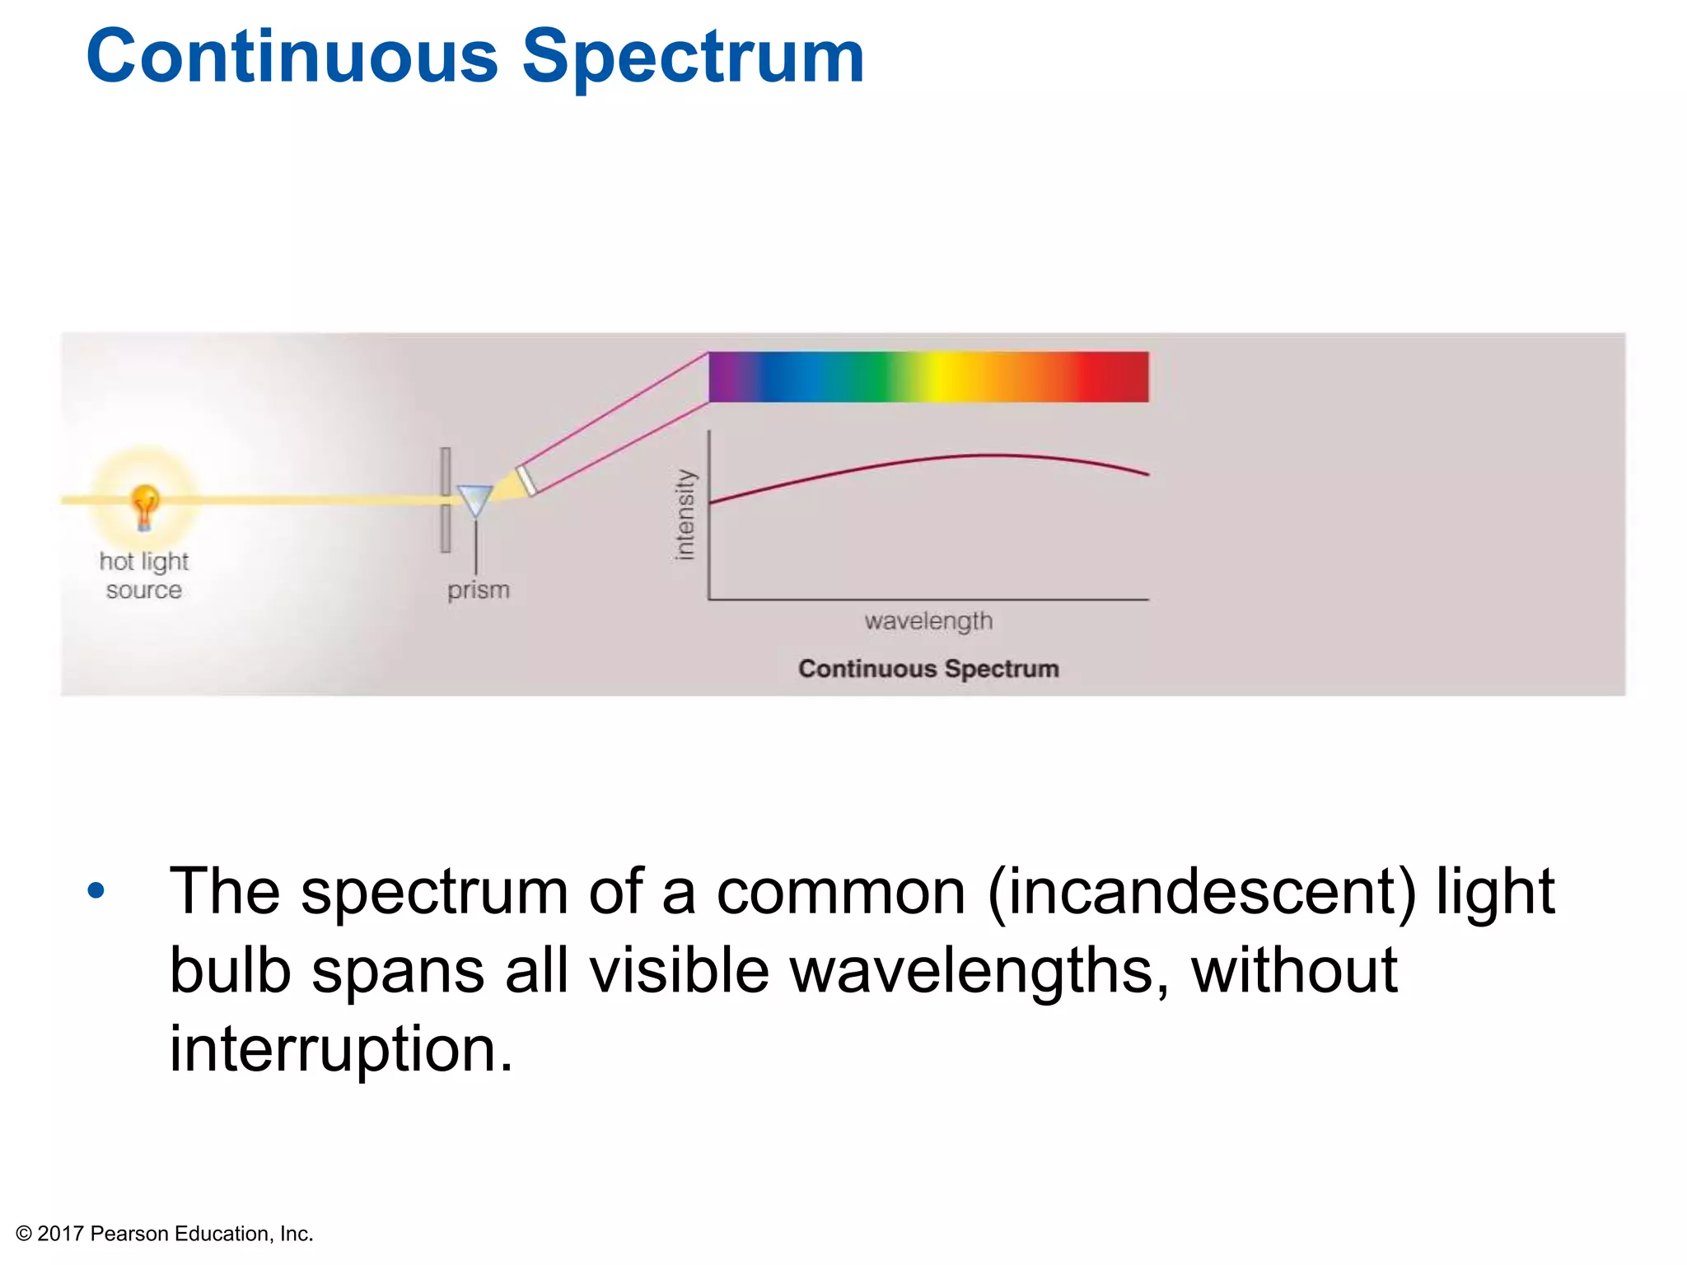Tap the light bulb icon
[x=145, y=504]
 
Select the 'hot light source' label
[x=144, y=576]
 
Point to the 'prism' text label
[x=479, y=590]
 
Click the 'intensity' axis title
[x=685, y=515]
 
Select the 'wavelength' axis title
[x=928, y=621]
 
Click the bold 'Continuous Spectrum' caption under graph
[x=928, y=668]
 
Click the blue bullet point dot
[x=96, y=890]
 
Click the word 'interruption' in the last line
[x=340, y=1048]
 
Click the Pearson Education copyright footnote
[x=165, y=1233]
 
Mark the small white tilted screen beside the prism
[x=526, y=481]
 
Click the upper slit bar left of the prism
[x=446, y=471]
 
